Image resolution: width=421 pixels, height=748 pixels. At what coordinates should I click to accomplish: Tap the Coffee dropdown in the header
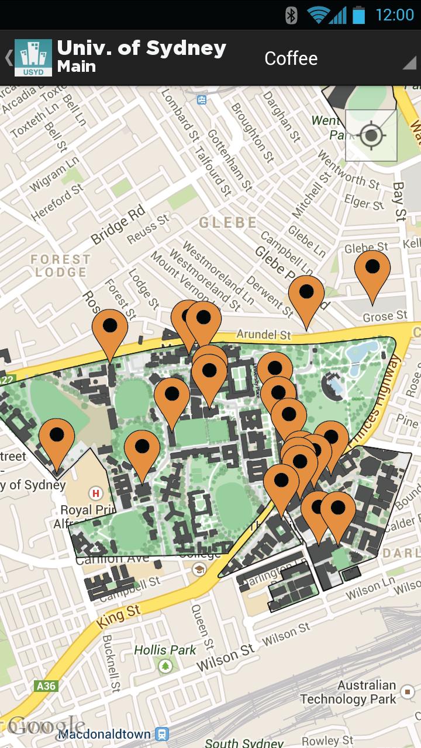click(339, 58)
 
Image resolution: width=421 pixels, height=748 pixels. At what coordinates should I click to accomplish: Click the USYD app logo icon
click(33, 58)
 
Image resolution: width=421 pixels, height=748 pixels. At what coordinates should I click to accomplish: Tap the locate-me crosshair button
click(371, 135)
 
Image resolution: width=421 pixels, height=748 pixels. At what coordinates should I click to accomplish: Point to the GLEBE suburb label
click(228, 222)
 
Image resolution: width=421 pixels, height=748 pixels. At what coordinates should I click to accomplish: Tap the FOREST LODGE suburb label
click(61, 266)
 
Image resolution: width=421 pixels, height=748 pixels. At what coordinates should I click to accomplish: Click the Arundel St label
click(263, 335)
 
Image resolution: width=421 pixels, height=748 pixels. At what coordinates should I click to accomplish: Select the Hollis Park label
click(165, 650)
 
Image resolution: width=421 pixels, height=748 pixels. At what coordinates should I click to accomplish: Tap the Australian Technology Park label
click(349, 692)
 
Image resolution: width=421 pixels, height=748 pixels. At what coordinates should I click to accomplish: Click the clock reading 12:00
click(394, 15)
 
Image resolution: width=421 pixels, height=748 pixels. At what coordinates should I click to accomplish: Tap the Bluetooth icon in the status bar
click(291, 15)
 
